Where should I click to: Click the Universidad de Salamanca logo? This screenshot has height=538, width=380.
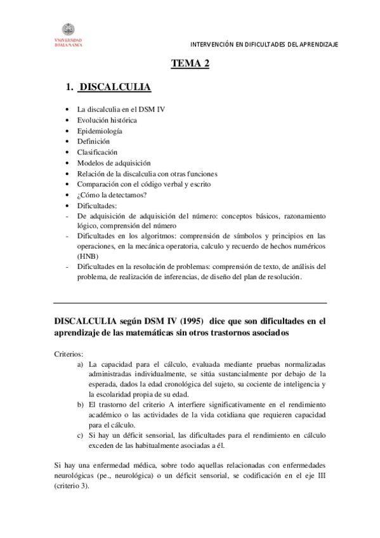click(x=68, y=34)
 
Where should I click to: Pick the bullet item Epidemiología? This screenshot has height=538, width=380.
click(x=100, y=131)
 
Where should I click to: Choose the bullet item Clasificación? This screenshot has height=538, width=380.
click(x=98, y=152)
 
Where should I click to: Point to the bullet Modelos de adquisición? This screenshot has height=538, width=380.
click(x=114, y=163)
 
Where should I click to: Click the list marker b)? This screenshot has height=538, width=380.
click(x=80, y=403)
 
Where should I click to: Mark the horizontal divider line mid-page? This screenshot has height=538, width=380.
click(x=190, y=303)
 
